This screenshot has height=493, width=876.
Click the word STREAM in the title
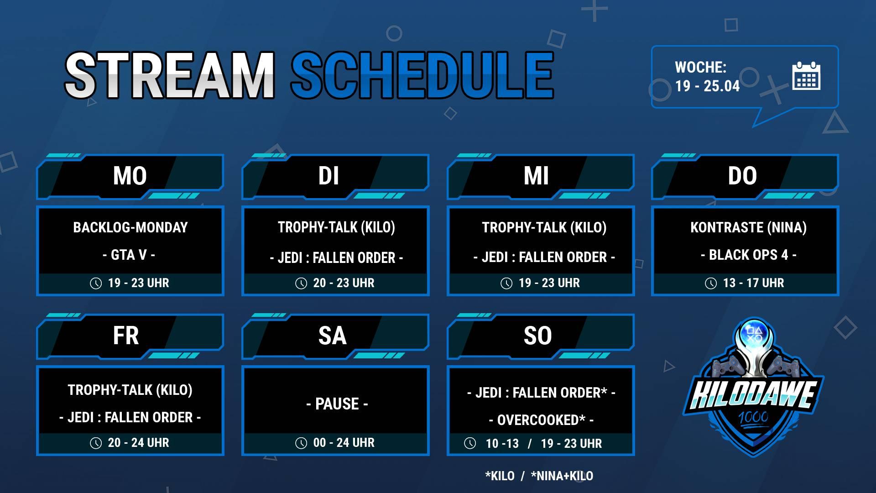point(170,75)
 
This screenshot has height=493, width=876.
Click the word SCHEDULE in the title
point(422,75)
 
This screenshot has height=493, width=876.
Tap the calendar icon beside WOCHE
point(806,76)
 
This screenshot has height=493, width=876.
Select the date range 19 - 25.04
point(707,86)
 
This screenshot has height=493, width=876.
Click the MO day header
point(130,176)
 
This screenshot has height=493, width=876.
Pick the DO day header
point(742,176)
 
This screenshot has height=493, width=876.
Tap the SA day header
point(332,336)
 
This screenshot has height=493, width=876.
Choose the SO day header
point(537,336)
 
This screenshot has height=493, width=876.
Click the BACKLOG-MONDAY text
point(130,227)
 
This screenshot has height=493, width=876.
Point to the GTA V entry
point(129,255)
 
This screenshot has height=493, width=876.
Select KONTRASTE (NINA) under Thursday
point(748,227)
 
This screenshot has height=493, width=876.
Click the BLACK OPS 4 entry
point(749,255)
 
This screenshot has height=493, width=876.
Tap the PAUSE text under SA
point(337,404)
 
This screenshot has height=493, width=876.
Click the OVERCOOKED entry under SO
point(541,420)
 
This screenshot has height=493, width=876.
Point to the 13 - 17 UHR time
point(753,283)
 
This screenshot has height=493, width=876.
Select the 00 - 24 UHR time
point(344,443)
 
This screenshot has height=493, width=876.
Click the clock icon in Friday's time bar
point(96,443)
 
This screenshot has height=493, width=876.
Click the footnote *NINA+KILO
point(562,476)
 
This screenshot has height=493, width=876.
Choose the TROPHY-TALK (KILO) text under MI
point(544,227)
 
